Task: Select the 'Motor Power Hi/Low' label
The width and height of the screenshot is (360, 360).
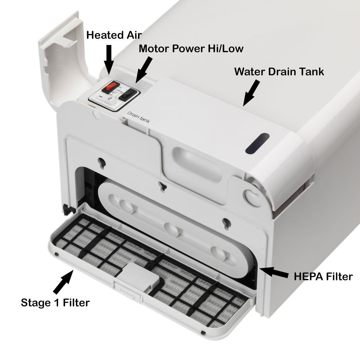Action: point(191,49)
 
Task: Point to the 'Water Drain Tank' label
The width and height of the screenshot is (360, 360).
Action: point(279,72)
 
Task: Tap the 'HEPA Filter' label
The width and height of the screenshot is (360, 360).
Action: point(323,276)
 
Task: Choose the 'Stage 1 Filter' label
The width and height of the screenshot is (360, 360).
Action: point(55,303)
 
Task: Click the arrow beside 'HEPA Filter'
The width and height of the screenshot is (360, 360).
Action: point(275,272)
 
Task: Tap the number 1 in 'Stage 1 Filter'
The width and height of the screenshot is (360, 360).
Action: point(57,303)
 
